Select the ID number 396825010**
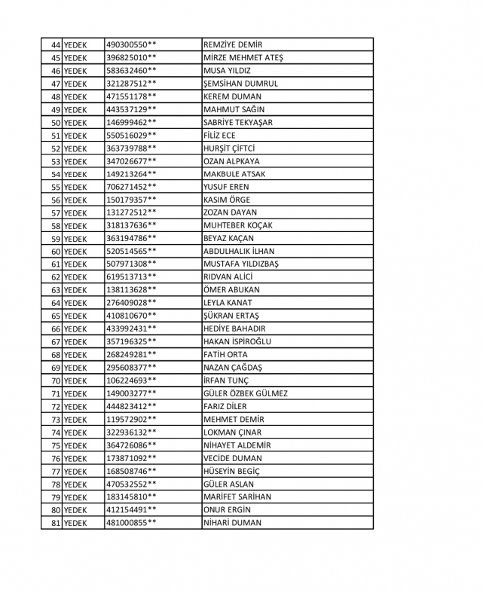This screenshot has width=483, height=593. click(x=132, y=58)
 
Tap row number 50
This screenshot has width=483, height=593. click(x=56, y=123)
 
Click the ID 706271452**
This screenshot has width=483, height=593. click(x=132, y=187)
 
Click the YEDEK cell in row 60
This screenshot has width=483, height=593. click(x=75, y=252)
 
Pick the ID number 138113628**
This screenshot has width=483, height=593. click(x=132, y=290)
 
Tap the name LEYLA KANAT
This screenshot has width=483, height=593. click(x=228, y=303)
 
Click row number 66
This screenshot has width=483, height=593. click(x=56, y=329)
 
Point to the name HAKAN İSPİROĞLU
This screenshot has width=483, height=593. click(x=237, y=342)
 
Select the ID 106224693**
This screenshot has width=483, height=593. click(x=132, y=381)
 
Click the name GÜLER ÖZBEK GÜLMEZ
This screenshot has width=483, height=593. click(x=246, y=393)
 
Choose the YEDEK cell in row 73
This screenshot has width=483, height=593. click(x=75, y=420)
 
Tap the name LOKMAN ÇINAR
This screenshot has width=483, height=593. click(x=233, y=433)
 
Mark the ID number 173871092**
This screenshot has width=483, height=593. click(x=132, y=458)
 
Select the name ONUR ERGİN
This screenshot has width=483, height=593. click(x=228, y=510)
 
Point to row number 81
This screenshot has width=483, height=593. click(x=56, y=523)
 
